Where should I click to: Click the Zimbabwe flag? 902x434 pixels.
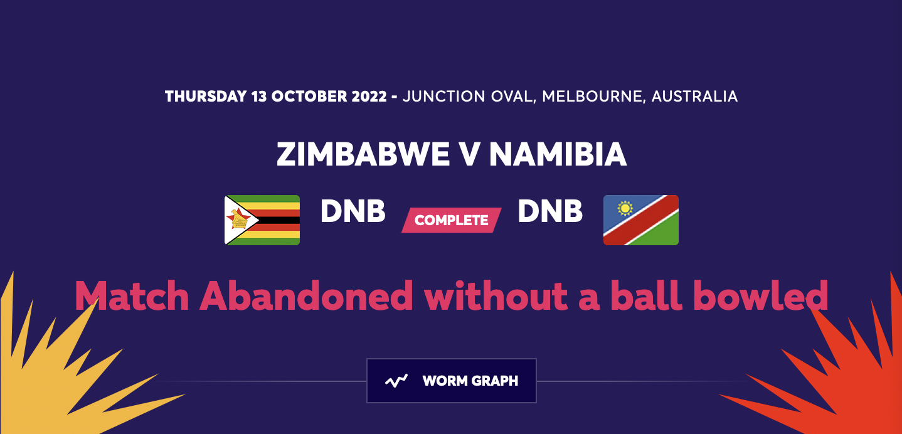point(262,220)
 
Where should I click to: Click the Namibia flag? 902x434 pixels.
point(640,220)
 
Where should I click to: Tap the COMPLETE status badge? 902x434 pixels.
point(452,220)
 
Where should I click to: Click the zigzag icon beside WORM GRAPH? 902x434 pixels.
point(396,381)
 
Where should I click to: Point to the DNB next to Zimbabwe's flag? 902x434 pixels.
point(353,212)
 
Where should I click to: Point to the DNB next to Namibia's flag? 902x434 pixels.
point(550,212)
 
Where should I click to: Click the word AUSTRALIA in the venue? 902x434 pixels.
point(694,97)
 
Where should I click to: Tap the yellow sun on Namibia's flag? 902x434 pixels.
point(624,208)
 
